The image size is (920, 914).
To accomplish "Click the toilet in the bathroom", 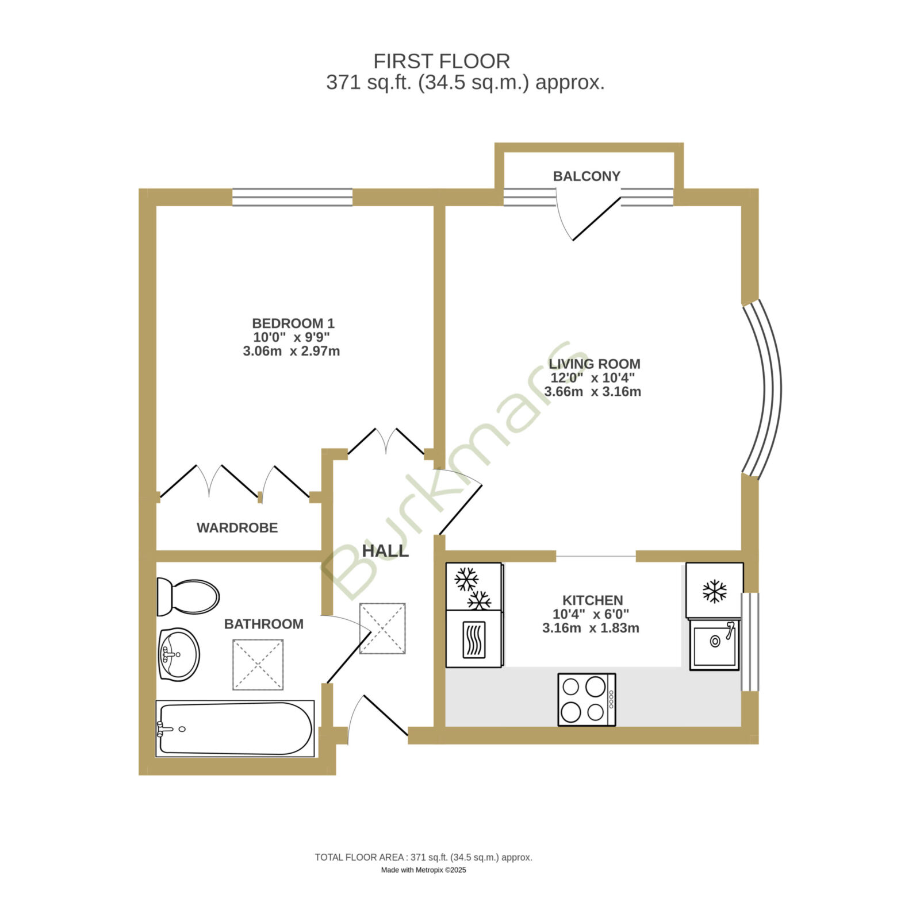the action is coord(188,596).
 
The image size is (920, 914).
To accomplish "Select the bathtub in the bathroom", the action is coord(235,728).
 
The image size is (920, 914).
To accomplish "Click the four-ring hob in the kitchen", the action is coord(586,699).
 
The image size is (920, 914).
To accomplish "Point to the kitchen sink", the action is coord(715,644).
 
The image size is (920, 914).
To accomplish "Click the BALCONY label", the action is coord(586,176).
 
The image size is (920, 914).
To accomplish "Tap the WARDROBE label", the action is coord(237,527).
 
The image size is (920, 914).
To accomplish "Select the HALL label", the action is coord(385,550).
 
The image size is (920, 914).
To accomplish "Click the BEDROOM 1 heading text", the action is coord(293,323).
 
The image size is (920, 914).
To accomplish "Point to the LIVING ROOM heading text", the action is coord(594,364).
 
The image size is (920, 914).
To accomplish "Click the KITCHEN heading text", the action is coord(592,600).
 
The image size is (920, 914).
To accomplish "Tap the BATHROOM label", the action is coord(264,624).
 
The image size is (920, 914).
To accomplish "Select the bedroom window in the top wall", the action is coord(292,197).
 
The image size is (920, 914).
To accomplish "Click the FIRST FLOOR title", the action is coord(442,61).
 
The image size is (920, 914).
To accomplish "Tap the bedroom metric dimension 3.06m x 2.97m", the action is coord(292,351).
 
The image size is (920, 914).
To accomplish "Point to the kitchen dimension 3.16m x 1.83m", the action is coord(591,628).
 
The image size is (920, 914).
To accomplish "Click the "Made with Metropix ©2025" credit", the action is coord(424,870).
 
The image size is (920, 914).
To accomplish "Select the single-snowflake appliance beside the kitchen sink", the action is coord(714,591).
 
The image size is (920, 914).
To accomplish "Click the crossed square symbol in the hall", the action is coord(382,628).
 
